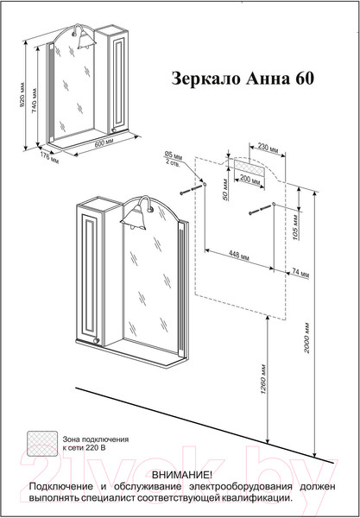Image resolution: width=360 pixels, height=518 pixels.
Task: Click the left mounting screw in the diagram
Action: click(x=194, y=187)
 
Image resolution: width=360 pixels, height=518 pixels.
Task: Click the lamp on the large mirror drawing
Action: click(x=136, y=212)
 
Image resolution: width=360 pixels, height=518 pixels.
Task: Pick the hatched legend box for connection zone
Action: click(x=41, y=442)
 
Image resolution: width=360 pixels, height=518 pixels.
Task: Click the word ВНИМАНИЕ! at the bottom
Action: click(x=180, y=476)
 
